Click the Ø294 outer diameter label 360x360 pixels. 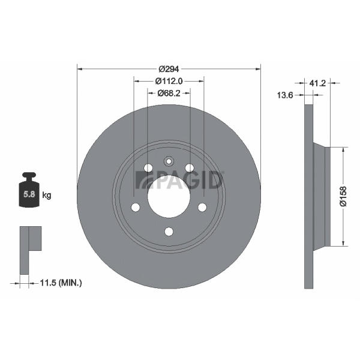169,69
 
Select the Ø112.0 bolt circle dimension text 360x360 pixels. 169,81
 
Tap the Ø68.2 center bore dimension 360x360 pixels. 169,93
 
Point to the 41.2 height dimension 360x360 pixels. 317,83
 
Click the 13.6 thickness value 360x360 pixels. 285,95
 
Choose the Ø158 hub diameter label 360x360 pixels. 343,197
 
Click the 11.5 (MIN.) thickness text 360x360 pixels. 61,283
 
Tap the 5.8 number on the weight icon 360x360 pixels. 29,194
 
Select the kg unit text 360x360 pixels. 47,196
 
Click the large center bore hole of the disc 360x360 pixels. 169,197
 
